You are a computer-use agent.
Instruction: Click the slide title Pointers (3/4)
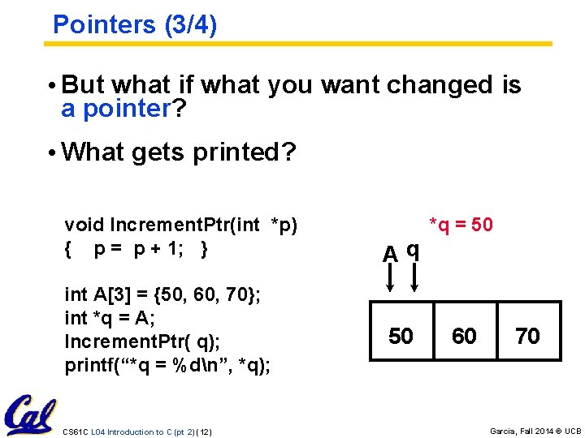(x=135, y=24)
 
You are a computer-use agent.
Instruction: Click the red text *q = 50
(x=461, y=225)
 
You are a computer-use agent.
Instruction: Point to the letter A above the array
(x=391, y=254)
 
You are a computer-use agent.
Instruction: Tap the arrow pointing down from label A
(x=391, y=279)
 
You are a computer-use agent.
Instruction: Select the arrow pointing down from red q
(x=414, y=279)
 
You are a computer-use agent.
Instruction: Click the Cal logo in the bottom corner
(x=29, y=415)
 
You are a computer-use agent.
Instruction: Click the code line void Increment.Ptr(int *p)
(x=181, y=225)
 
